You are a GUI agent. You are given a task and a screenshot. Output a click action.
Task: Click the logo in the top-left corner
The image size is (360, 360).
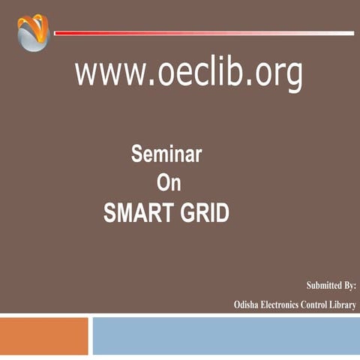pos(32,33)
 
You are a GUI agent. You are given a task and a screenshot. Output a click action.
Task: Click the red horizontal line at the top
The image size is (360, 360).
pos(202,33)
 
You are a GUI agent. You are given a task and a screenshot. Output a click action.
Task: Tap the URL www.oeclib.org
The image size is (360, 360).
pos(188,74)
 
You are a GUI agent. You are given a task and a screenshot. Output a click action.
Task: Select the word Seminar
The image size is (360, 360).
pos(166,155)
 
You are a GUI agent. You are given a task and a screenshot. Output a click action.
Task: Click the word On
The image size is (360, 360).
pos(169,183)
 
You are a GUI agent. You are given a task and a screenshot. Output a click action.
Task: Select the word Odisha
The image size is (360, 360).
pos(246,305)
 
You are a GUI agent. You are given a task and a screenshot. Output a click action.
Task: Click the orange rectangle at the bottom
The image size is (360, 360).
pos(43,335)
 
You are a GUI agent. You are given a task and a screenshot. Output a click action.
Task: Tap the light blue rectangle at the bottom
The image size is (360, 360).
pos(225,335)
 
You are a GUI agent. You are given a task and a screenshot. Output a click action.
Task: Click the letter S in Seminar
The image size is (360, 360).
pos(137,155)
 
